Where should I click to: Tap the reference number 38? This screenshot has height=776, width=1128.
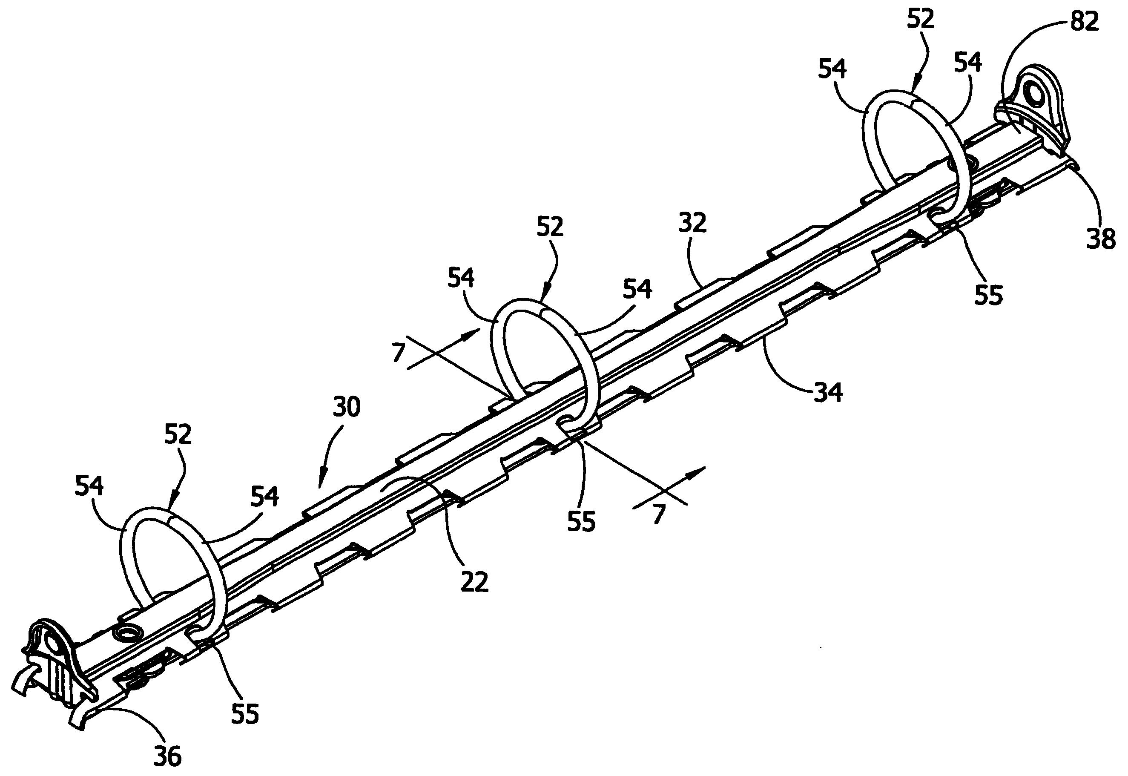[x=1101, y=240]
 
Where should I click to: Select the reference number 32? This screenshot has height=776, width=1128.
[x=692, y=223]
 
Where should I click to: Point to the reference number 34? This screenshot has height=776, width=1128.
[x=828, y=392]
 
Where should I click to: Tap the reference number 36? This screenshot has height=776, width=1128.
[x=167, y=756]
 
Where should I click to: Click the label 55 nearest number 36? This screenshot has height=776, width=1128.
[x=245, y=714]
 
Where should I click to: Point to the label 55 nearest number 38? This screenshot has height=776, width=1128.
[x=988, y=295]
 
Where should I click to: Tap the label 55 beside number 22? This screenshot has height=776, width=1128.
[x=581, y=522]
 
